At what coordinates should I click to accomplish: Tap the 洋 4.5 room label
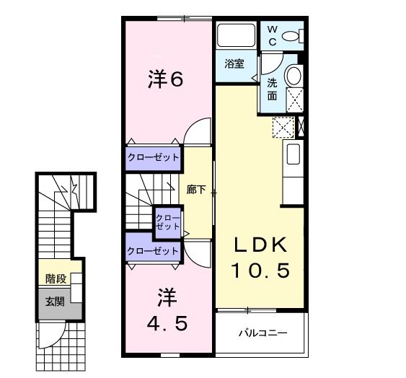[x=167, y=311]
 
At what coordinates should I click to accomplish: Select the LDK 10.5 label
[x=260, y=258]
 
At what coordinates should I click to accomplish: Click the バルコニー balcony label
[x=263, y=333]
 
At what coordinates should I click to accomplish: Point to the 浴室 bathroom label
[x=233, y=63]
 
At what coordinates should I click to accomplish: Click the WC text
[x=273, y=34]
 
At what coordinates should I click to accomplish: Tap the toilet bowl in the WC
[x=291, y=35]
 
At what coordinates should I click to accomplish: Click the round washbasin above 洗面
[x=293, y=75]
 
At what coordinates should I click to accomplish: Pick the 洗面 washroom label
[x=273, y=89]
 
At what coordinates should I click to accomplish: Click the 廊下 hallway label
[x=196, y=190]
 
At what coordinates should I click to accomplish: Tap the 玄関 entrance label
[x=55, y=301]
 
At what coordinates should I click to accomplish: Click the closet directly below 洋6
[x=154, y=157]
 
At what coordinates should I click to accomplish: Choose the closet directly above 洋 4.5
[x=153, y=250]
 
